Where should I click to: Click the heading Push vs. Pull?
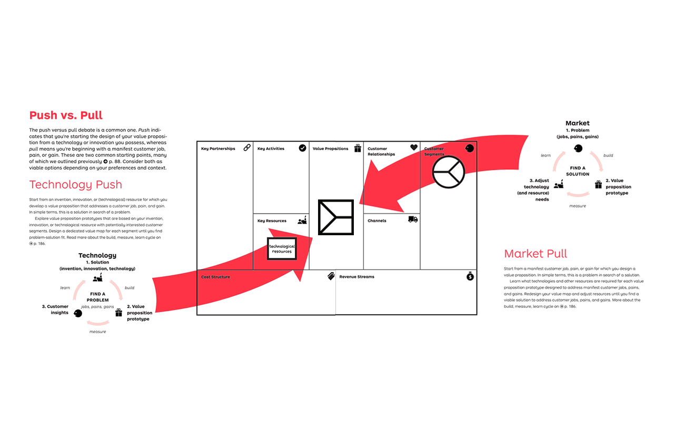(x=66, y=116)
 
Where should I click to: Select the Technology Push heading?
(x=76, y=185)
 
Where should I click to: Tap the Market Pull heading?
(x=536, y=254)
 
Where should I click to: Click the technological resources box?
(x=282, y=248)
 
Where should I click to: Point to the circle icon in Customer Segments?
(x=449, y=172)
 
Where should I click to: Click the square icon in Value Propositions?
(x=336, y=217)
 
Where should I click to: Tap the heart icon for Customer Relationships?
(x=414, y=148)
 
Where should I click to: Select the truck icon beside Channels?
(x=413, y=219)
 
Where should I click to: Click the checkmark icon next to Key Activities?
(x=302, y=148)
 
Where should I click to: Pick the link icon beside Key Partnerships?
(x=246, y=148)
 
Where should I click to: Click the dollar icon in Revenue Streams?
(x=470, y=277)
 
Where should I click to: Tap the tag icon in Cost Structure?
(x=331, y=276)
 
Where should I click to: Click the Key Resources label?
(x=272, y=221)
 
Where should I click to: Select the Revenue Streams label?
(x=356, y=277)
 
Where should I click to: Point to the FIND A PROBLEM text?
(x=97, y=297)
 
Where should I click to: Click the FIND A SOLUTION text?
(x=578, y=171)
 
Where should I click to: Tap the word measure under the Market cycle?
(x=578, y=206)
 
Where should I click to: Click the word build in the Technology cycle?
(x=129, y=288)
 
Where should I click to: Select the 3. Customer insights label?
(x=55, y=309)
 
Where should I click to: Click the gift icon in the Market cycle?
(x=598, y=185)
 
